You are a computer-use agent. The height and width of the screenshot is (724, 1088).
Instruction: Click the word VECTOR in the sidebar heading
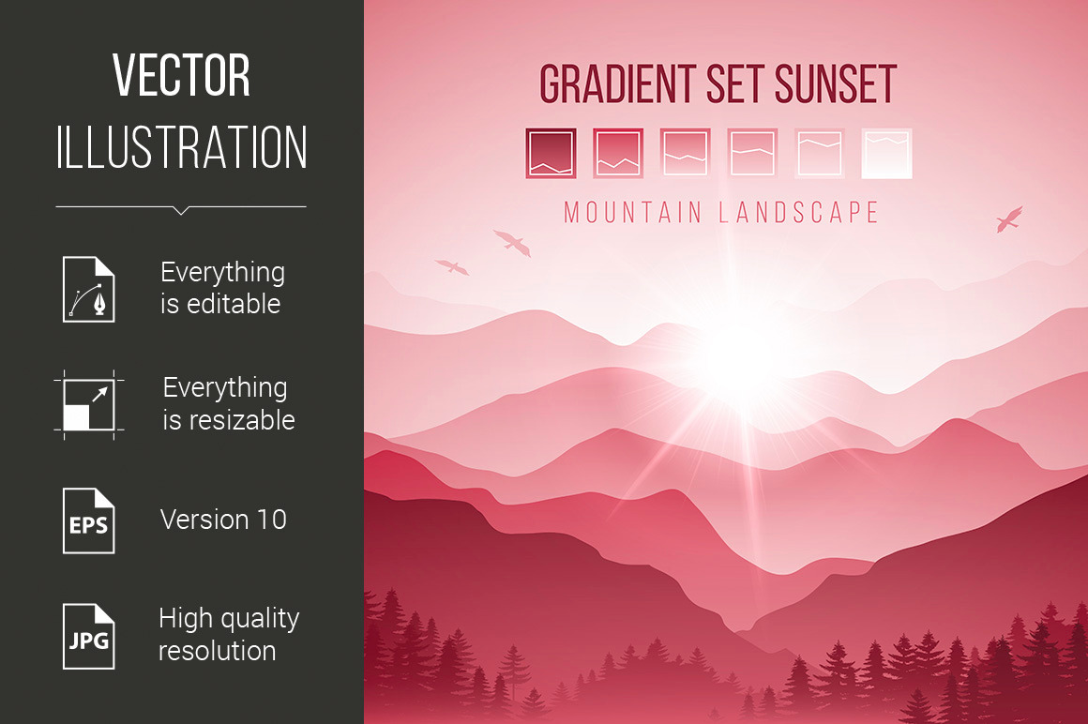pos(181,76)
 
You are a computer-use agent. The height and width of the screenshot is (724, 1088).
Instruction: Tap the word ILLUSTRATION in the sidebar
pos(181,147)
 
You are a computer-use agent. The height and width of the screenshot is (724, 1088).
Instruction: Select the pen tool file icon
pos(89,289)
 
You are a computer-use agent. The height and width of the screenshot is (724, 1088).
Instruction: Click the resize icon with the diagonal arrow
pos(89,405)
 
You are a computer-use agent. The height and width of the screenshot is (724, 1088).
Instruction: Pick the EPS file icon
pos(89,520)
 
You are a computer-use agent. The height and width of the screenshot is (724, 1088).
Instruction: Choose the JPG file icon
pos(89,637)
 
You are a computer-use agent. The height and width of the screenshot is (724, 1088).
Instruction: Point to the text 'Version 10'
pos(223,520)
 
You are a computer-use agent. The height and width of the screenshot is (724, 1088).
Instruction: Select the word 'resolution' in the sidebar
pos(218,651)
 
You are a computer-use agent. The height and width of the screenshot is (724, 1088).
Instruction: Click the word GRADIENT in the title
pos(617,84)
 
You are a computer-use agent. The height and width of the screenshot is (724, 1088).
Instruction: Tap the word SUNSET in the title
pos(836,84)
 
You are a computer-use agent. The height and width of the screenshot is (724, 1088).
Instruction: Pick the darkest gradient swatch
pos(551,153)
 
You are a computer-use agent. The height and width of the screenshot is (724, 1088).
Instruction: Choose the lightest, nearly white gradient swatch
pos(886,153)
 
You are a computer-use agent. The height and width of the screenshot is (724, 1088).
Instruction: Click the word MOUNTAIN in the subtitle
pos(633,212)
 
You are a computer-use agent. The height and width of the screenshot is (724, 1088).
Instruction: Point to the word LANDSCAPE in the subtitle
pos(799,212)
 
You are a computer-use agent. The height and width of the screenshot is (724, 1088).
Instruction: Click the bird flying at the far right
pos(1009,219)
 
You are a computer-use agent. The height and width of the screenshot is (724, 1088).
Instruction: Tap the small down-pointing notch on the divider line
pos(181,210)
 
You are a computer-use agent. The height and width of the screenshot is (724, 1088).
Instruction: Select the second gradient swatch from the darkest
pos(618,153)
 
